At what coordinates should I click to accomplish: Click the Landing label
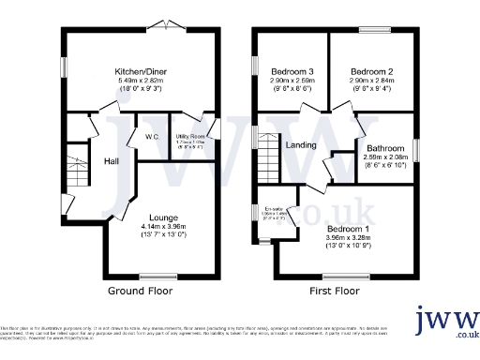pyautogui.click(x=302, y=145)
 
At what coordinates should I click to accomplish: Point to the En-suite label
pyautogui.click(x=275, y=208)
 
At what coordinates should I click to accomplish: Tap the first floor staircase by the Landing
pyautogui.click(x=269, y=155)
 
